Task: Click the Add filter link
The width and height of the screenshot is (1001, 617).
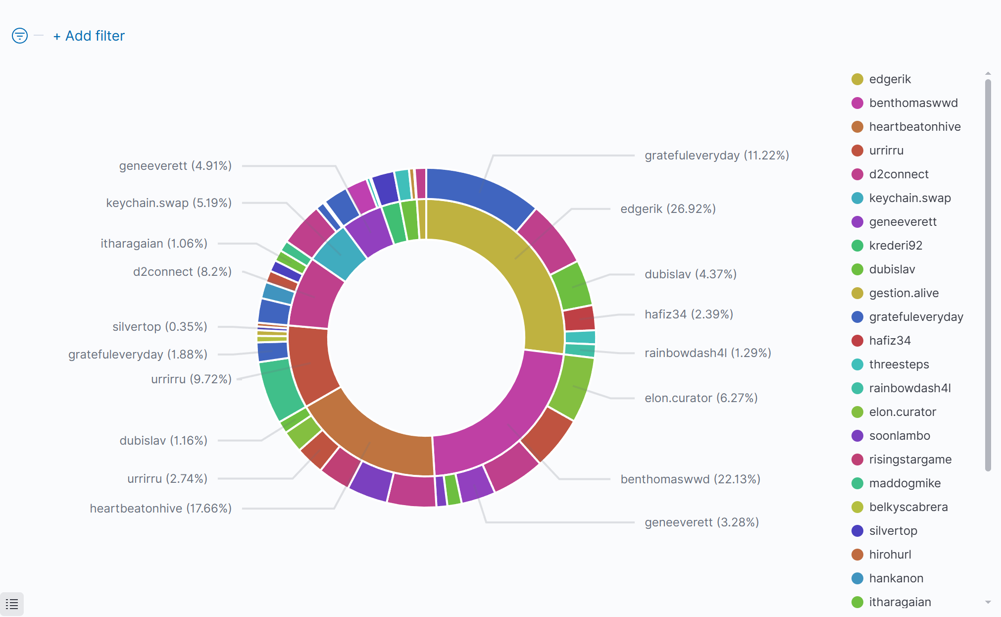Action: (x=89, y=36)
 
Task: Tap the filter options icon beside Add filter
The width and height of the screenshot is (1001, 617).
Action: (x=20, y=36)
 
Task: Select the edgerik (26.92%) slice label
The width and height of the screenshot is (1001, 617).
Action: (x=668, y=209)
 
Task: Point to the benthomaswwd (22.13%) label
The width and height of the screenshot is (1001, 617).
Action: (x=690, y=479)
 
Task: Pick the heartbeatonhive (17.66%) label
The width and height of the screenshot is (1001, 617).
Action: (x=160, y=509)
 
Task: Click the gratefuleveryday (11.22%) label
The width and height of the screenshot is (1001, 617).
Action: (x=716, y=155)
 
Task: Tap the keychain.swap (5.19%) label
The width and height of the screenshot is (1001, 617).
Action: (x=169, y=203)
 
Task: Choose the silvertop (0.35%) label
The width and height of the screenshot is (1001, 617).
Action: (x=159, y=327)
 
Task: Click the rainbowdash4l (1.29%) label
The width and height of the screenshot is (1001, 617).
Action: (x=707, y=353)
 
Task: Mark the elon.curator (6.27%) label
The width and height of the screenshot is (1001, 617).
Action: (x=701, y=398)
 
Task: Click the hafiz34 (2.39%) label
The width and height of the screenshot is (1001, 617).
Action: (x=689, y=314)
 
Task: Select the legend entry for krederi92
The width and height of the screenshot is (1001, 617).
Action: (x=895, y=246)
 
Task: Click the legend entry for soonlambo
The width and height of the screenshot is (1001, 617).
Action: (x=899, y=436)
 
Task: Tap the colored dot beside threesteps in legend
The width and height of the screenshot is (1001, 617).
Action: (x=857, y=364)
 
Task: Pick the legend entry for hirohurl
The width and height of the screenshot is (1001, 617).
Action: (x=890, y=555)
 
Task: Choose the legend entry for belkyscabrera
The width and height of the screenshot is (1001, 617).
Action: (x=908, y=507)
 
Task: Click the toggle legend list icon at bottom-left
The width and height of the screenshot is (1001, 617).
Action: (x=12, y=604)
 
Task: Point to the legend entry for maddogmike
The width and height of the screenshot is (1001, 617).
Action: (x=904, y=483)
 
